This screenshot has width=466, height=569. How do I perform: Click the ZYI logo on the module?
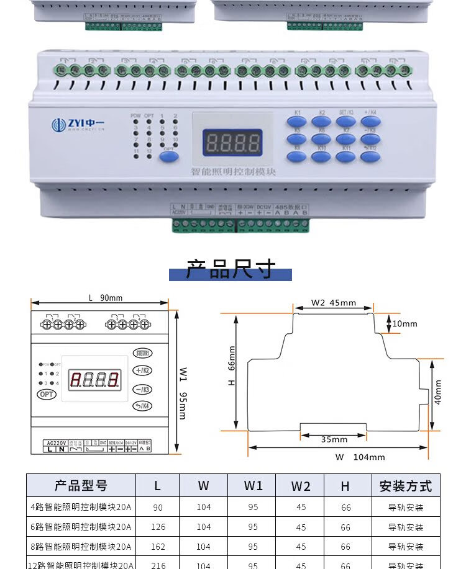pos(78,124)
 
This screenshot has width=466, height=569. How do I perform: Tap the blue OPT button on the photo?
pos(168,156)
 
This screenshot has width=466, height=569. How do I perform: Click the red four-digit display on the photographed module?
pos(232,143)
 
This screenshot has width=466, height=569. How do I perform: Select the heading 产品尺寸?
pos(231,270)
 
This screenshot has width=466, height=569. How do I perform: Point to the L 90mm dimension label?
pos(105,298)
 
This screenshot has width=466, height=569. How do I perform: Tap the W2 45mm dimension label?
pos(334,303)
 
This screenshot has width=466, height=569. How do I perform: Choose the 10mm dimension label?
pos(404,323)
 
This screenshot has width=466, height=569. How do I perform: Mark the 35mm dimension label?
pos(334,439)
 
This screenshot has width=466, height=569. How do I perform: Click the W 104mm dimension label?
pos(360,457)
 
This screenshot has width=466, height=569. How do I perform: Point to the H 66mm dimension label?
pos(232,366)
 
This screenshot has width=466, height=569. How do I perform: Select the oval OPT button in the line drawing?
pos(46,394)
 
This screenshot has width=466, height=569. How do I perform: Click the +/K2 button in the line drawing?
pos(142,370)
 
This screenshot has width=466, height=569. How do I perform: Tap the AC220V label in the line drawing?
pos(55,442)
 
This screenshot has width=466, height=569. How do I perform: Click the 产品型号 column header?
pos(81,486)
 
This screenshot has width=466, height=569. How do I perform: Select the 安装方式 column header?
pos(405,486)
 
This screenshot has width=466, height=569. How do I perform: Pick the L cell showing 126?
pos(158,527)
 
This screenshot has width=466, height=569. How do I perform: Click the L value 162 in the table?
pos(158,547)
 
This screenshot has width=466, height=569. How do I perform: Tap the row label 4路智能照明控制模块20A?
pos(81,508)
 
